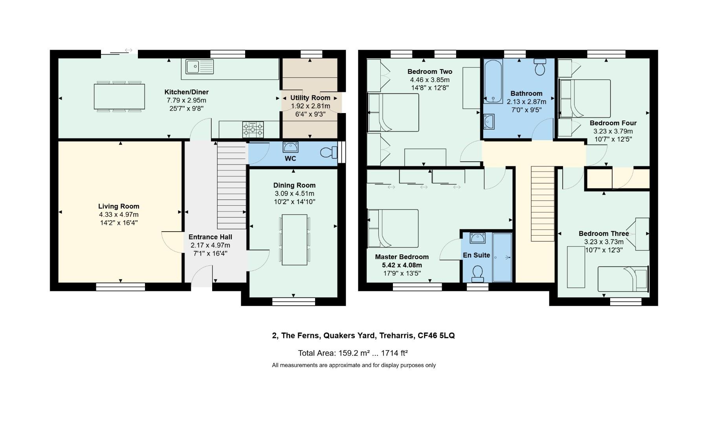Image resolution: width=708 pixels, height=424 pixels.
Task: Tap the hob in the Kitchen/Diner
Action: [253, 129]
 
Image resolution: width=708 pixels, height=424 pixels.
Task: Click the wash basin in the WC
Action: [291, 147]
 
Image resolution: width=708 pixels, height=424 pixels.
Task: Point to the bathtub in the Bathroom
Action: [493, 81]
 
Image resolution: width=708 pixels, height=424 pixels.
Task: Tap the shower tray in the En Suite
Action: [502, 257]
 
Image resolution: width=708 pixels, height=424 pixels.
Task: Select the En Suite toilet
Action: [477, 273]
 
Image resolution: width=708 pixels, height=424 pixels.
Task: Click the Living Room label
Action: [119, 206]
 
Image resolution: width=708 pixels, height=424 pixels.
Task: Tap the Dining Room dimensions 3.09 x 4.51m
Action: [294, 194]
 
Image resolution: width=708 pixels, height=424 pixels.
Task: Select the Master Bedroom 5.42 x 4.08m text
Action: [402, 265]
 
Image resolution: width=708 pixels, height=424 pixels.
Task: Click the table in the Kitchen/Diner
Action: [119, 97]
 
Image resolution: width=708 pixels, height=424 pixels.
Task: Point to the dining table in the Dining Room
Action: [294, 239]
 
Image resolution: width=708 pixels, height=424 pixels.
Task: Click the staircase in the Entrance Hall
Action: [232, 185]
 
